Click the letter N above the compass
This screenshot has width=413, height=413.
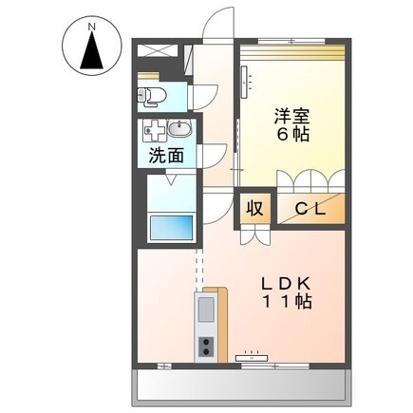pos(92,28)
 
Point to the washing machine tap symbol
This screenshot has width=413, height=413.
pos(153,131)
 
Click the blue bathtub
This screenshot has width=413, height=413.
pos(171,229)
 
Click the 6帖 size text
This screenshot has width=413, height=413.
pos(291,137)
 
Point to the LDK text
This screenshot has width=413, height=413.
pos(285,282)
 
